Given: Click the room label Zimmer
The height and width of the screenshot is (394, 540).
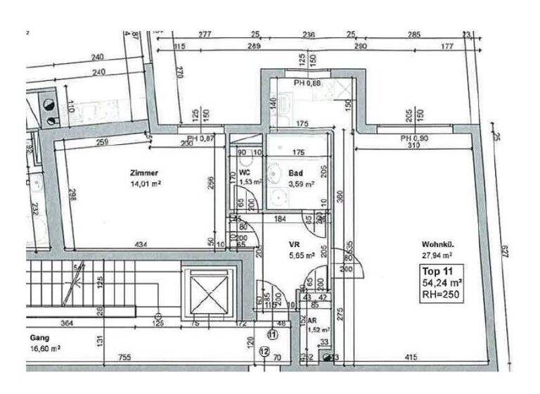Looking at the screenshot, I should click(x=143, y=172).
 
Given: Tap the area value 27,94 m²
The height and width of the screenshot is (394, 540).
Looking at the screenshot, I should click(x=437, y=256).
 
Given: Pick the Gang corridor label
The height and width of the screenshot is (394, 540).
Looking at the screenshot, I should click(x=38, y=338).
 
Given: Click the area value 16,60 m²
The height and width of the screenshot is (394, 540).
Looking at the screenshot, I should click(x=44, y=348).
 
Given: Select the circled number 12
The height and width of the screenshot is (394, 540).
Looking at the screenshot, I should click(x=264, y=350).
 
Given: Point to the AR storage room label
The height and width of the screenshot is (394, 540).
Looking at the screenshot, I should click(x=312, y=319).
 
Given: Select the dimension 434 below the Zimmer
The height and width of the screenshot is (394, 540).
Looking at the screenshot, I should click(x=140, y=244).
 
